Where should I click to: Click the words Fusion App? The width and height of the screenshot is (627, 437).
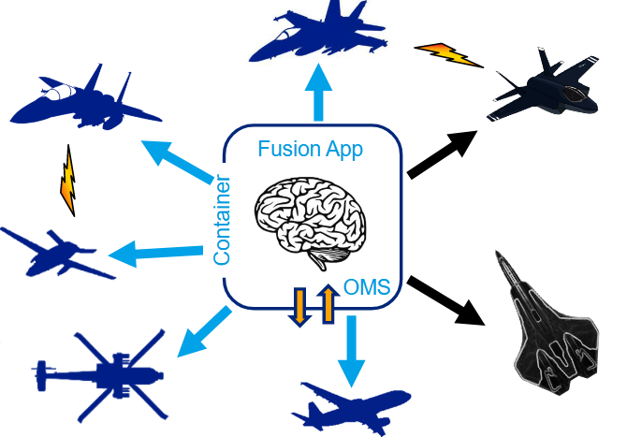(310, 148)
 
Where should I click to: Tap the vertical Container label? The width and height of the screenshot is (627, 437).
(223, 219)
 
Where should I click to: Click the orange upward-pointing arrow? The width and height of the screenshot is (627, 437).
(328, 304)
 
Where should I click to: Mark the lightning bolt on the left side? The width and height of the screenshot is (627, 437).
(67, 180)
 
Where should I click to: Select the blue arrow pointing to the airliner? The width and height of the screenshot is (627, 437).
(351, 349)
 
